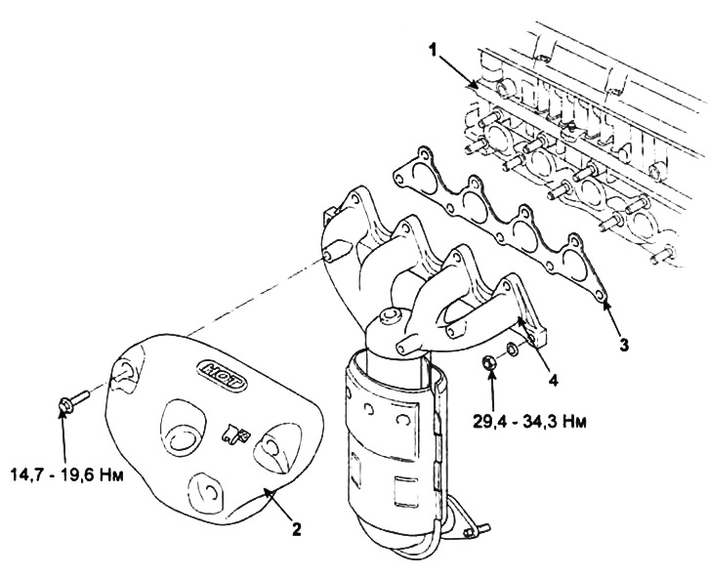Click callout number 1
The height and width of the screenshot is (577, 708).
coord(433,50)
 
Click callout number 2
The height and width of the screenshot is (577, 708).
coord(296,529)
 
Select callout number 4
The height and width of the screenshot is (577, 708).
coord(553,380)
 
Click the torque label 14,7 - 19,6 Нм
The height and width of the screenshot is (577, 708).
coord(66,474)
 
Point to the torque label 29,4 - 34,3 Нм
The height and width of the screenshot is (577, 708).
coord(530,422)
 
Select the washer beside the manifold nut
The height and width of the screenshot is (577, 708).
coord(513,349)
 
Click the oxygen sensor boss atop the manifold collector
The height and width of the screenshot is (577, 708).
coord(390,315)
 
